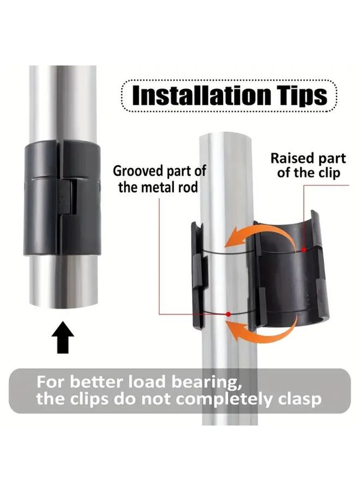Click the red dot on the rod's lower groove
(x=228, y=314)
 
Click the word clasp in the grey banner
(x=297, y=399)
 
